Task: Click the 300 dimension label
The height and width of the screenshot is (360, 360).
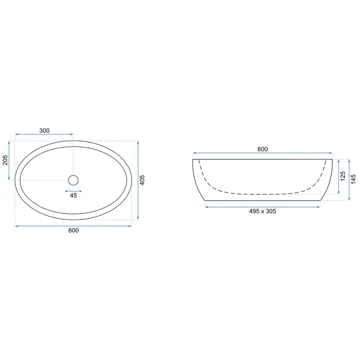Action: [44, 130]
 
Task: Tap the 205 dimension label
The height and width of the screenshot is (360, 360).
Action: [5, 160]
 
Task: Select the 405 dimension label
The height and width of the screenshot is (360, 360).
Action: [142, 180]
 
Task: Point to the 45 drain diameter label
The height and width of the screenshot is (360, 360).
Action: [73, 195]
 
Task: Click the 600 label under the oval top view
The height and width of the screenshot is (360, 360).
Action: [74, 230]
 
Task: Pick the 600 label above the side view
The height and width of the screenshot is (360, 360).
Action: [263, 149]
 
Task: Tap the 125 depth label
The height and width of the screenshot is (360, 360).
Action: [343, 176]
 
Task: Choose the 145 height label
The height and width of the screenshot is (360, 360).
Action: [354, 179]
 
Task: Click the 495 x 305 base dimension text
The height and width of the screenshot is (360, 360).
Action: [263, 211]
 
